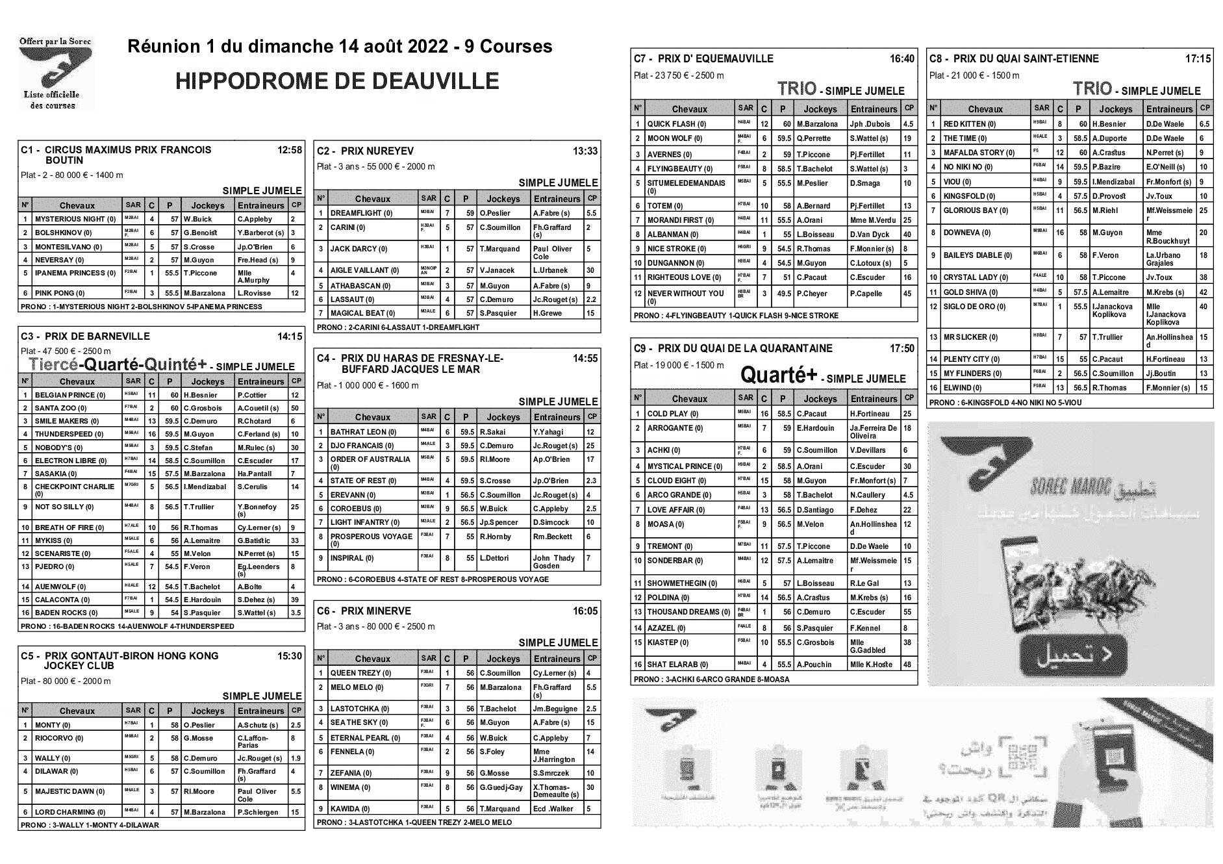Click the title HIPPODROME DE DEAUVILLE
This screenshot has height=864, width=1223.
tap(336, 81)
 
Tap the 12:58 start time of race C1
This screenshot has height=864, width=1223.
tap(290, 150)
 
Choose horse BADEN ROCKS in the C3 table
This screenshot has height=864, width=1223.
tap(66, 613)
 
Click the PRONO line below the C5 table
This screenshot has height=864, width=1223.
tap(90, 825)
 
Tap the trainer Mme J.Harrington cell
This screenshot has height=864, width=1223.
tap(554, 755)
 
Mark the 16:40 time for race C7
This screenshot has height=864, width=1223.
tap(901, 59)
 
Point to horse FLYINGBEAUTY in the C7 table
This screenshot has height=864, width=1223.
tap(675, 169)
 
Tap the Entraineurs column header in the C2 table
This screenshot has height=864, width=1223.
tap(557, 199)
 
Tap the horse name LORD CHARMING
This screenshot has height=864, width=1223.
tap(70, 812)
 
